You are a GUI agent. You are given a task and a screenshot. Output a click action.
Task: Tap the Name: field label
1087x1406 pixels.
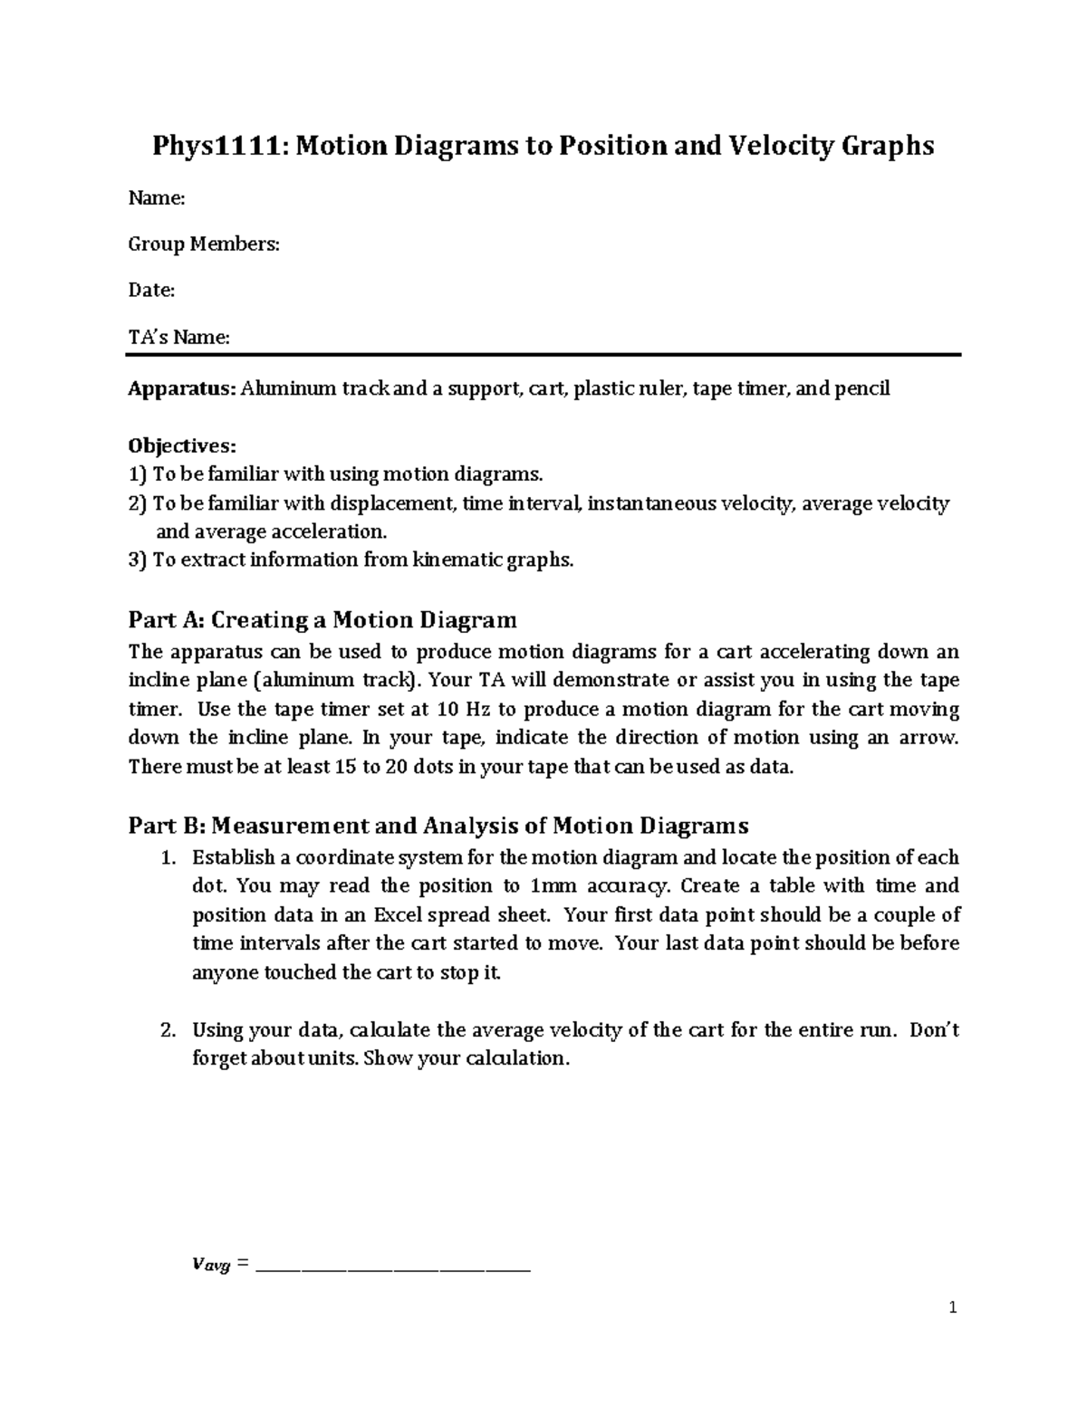coord(157,198)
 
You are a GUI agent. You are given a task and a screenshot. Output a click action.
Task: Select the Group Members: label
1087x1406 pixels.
coord(204,244)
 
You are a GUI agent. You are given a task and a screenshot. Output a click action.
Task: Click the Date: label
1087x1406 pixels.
coord(151,291)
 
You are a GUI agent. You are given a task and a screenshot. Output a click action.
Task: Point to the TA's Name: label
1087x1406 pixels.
coord(179,338)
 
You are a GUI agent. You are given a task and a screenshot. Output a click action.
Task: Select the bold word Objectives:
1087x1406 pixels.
coord(182,445)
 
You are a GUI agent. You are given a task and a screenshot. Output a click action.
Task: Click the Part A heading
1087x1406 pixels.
coord(322,620)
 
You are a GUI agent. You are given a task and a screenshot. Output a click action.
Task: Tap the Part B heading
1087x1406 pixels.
coord(438,826)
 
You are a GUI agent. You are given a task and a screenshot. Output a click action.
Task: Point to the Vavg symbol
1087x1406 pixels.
coord(211,1266)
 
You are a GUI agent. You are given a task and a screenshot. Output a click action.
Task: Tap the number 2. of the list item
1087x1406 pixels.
coord(167,1029)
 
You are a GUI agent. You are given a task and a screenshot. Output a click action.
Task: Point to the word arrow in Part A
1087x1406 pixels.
coord(927,738)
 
